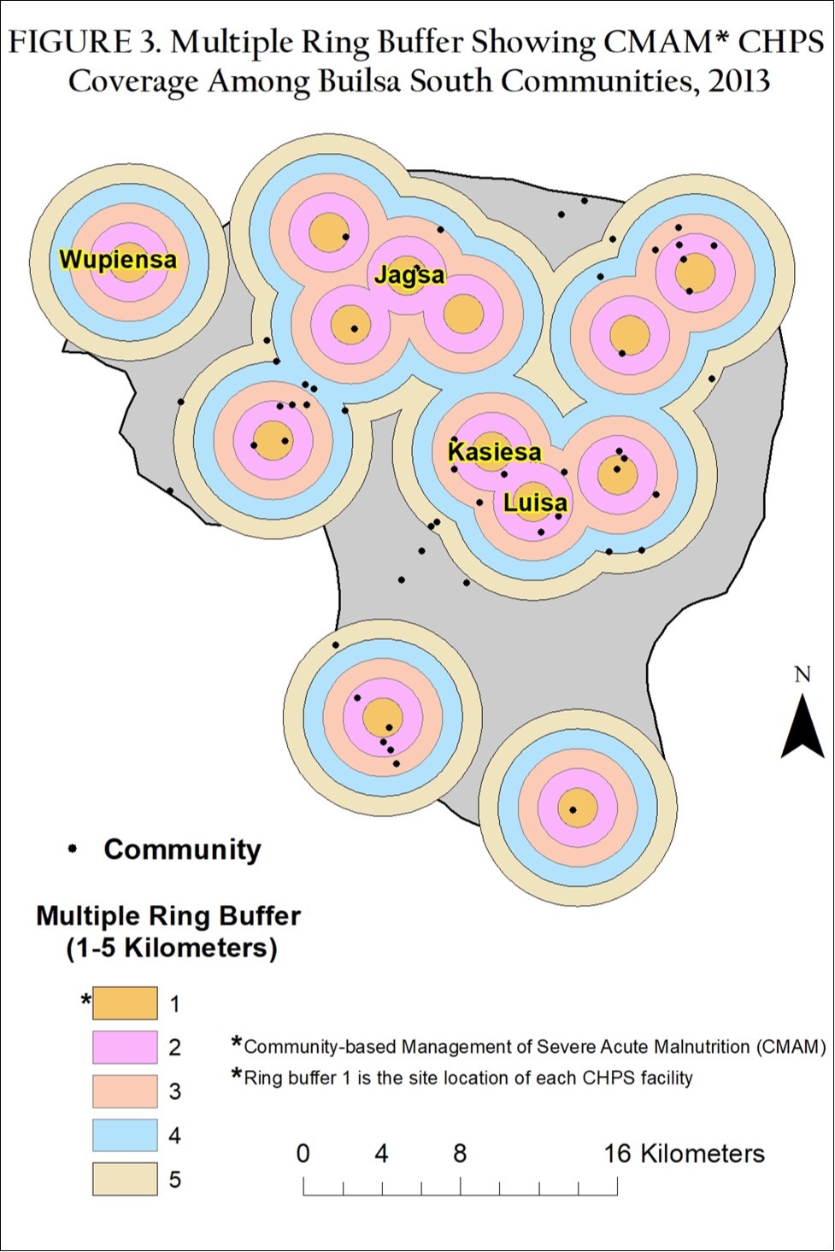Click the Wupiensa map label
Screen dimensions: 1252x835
[x=118, y=260]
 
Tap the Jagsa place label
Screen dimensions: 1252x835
[x=409, y=275]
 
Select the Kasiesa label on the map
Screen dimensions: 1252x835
[x=495, y=452]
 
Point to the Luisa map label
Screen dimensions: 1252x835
[x=535, y=503]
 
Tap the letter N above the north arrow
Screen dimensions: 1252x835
[x=802, y=675]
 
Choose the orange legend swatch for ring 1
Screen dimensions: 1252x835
[x=125, y=1003]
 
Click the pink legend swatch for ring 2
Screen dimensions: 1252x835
[x=125, y=1047]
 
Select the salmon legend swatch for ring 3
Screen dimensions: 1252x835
[x=125, y=1091]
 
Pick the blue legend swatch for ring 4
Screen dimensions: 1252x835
[x=125, y=1136]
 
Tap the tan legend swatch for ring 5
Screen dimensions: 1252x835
[x=125, y=1179]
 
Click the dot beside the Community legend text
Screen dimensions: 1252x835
[x=73, y=849]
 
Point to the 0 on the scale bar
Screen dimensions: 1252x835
[x=303, y=1154]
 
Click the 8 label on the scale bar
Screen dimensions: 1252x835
[x=460, y=1154]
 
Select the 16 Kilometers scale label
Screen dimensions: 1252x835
[x=684, y=1154]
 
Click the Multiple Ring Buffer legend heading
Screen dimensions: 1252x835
[x=168, y=916]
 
